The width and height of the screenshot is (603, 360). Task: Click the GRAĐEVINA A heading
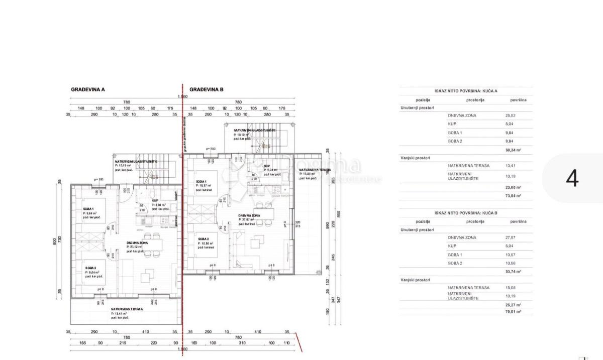coord(88,89)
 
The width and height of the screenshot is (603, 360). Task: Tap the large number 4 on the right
coord(572,178)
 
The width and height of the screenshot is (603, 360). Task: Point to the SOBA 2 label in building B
coord(204,238)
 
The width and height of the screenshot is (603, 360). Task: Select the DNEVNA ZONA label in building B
coord(249,215)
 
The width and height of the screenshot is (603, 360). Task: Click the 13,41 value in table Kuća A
coord(511,165)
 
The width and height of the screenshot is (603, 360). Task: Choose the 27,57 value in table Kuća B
coord(511,237)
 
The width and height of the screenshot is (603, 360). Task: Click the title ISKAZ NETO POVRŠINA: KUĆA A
coord(466,91)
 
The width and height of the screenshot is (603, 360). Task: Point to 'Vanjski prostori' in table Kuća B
coord(415,279)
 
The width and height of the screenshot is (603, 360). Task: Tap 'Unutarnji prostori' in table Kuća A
coord(417,107)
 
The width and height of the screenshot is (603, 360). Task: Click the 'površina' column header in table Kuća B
coord(518,221)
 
